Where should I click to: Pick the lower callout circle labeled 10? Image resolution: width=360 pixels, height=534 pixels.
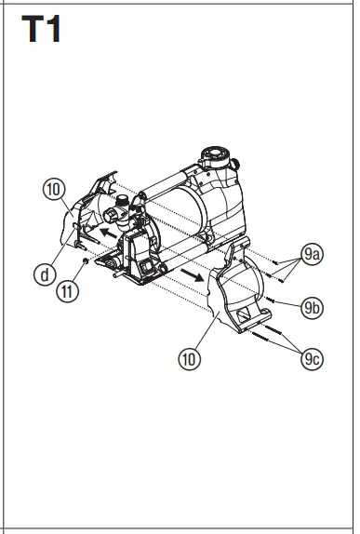190,358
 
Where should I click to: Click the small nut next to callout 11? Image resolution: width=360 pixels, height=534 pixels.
86,263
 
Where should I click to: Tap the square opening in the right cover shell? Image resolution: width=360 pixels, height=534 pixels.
245,319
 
